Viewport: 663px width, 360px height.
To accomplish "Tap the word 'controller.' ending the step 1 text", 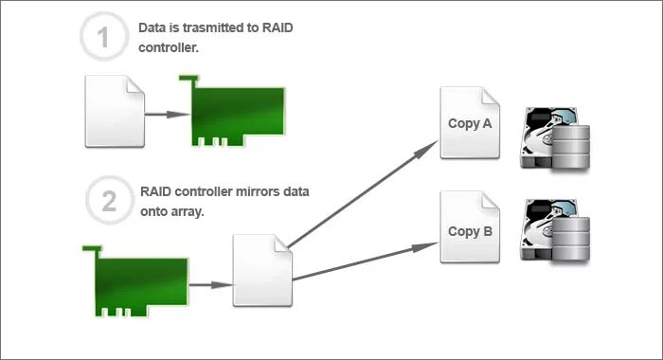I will click(169, 48).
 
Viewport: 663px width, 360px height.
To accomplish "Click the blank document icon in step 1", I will click(115, 111).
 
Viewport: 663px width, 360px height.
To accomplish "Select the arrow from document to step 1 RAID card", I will click(166, 114).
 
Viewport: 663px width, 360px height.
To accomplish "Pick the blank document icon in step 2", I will click(262, 270).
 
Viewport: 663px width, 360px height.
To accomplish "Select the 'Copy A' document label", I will click(470, 124).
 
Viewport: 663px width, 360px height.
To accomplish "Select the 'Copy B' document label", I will click(470, 230).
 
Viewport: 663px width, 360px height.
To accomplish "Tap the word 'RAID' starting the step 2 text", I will click(157, 190).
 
